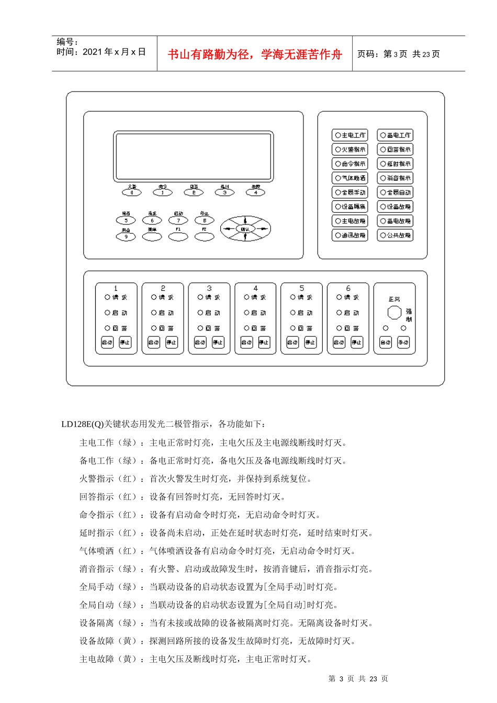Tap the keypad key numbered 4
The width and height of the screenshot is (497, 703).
coord(255,192)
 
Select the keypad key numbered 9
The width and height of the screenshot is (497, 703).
coord(126,237)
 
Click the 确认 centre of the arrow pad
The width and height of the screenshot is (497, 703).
coord(245,229)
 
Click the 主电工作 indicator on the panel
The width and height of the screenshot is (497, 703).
coord(350,135)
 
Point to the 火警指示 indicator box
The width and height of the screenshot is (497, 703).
coord(350,150)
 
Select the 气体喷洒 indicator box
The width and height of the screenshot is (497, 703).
coord(350,178)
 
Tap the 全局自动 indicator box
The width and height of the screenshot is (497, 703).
coord(396,192)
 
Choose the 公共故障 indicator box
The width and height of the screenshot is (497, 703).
coord(396,235)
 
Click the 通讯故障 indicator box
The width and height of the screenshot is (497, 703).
coord(350,235)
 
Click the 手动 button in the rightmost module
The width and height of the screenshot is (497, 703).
coord(403,343)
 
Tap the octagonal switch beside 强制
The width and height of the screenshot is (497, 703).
coord(394,313)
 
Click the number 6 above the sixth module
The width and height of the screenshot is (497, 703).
coord(348,288)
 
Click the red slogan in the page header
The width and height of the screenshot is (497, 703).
coord(255,54)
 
